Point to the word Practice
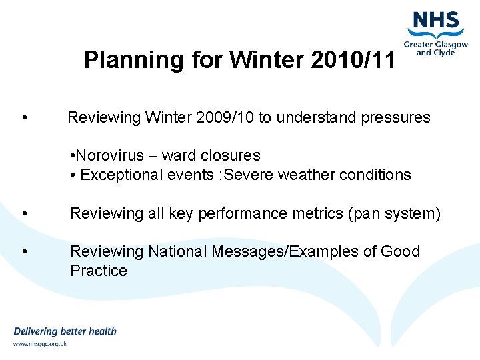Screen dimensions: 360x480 (x=98, y=271)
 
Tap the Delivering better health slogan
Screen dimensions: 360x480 (x=65, y=331)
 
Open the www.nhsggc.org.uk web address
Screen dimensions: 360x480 (x=40, y=345)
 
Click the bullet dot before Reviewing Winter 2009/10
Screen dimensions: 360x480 (x=24, y=119)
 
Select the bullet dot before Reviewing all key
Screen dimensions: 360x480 (x=24, y=214)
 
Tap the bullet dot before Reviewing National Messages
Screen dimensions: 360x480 (x=24, y=252)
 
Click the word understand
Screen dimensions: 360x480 (x=316, y=118)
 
